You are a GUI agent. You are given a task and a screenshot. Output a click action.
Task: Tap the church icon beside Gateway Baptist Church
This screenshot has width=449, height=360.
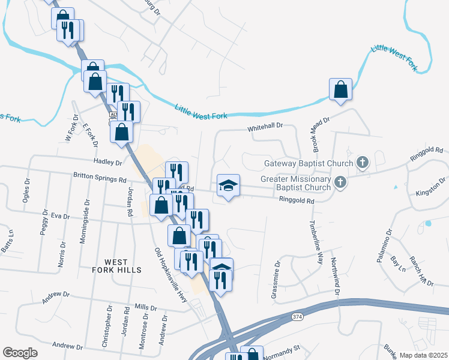pyautogui.click(x=362, y=162)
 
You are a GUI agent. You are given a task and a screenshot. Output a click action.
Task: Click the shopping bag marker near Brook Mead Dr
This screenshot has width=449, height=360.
pyautogui.click(x=340, y=90)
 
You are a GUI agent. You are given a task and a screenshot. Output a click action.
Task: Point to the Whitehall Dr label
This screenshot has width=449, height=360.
pyautogui.click(x=265, y=128)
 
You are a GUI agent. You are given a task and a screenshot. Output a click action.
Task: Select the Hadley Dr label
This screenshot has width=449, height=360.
pyautogui.click(x=107, y=162)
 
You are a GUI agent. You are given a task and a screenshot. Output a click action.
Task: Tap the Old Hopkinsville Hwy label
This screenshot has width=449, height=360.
pyautogui.click(x=176, y=279)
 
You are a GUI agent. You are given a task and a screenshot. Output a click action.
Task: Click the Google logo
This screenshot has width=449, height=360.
pyautogui.click(x=20, y=353)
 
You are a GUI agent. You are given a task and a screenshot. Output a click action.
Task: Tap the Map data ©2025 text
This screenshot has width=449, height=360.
pyautogui.click(x=423, y=355)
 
